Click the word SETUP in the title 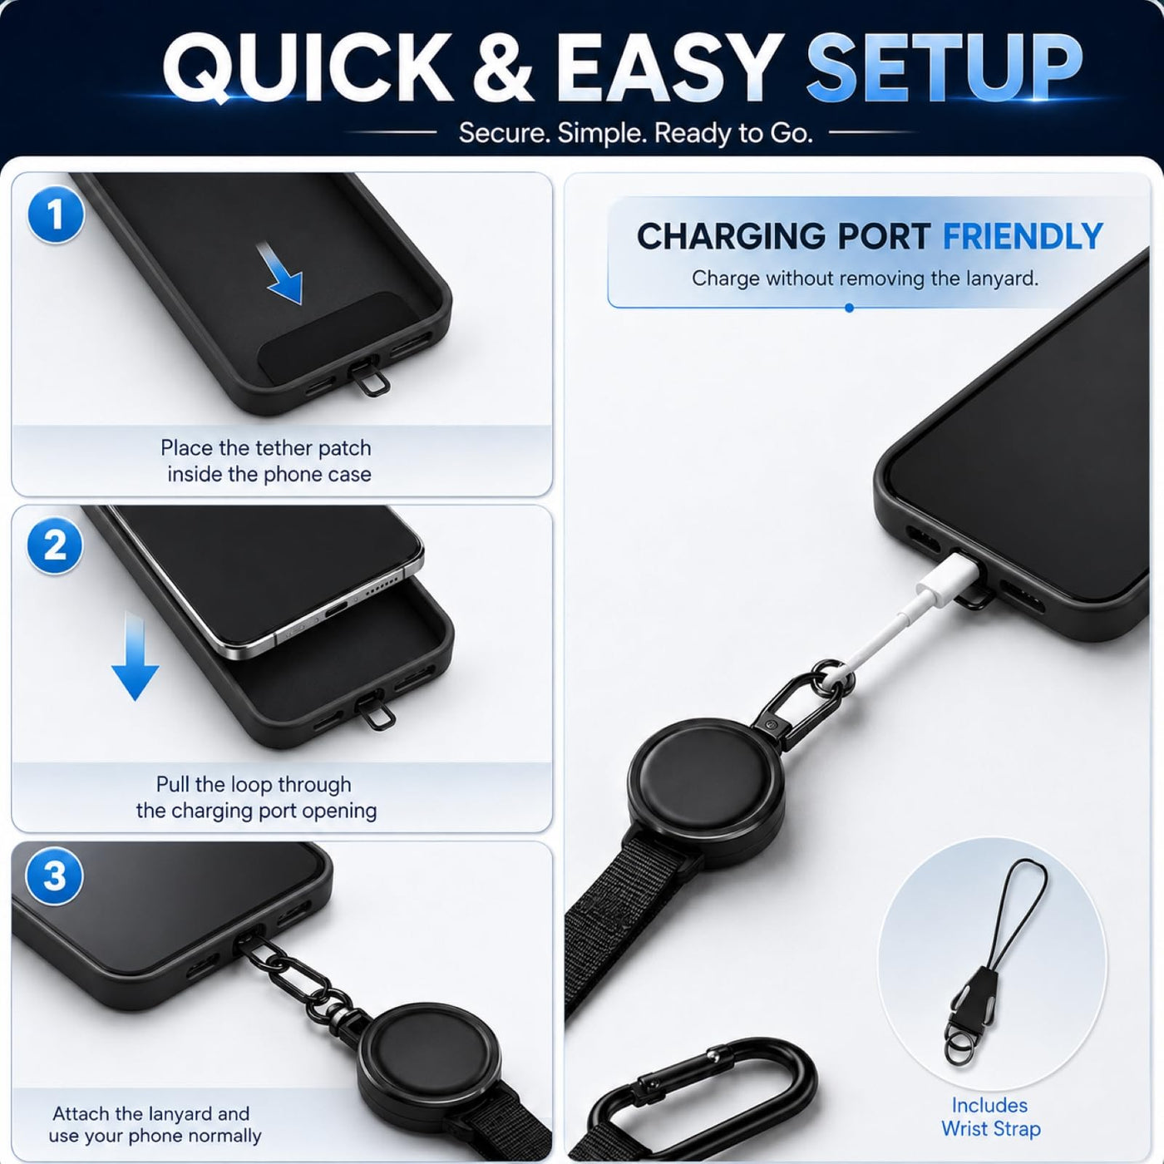[x=945, y=67]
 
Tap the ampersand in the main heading [x=503, y=67]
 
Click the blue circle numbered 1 [x=56, y=215]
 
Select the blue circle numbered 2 [x=55, y=545]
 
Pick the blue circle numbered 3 [x=54, y=875]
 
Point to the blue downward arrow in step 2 [x=135, y=655]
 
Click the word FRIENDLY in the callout [x=1023, y=236]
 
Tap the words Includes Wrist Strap [x=990, y=1117]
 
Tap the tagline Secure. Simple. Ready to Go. [x=635, y=133]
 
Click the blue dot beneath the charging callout [x=849, y=308]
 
